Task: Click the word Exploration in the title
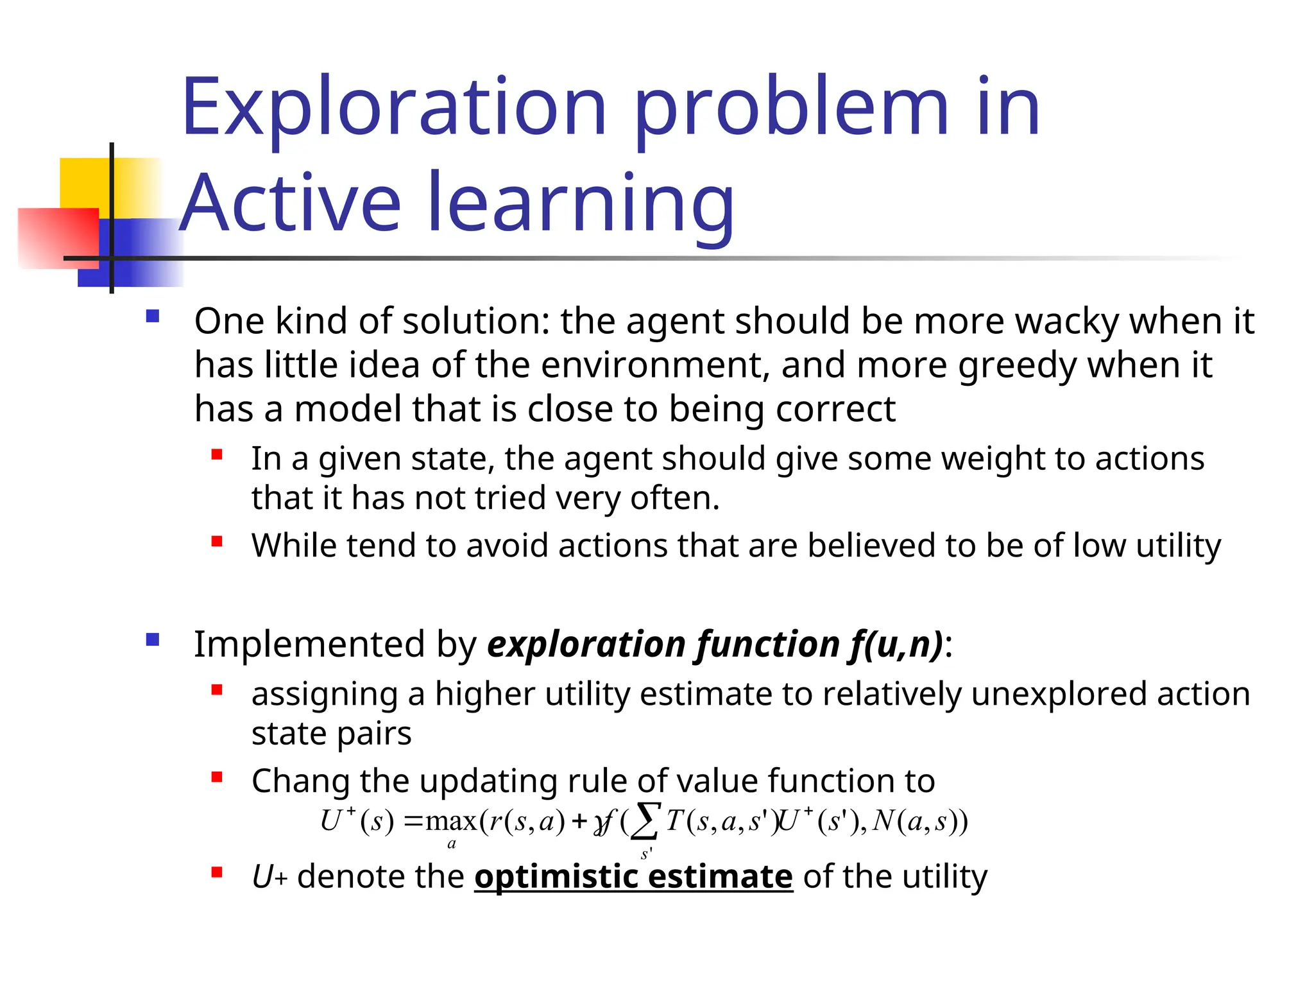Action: click(x=393, y=107)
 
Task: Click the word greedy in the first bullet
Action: click(x=1016, y=365)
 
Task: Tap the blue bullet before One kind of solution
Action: click(x=153, y=316)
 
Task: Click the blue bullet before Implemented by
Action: click(x=153, y=639)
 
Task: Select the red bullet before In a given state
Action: click(x=217, y=455)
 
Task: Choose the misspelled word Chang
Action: click(x=300, y=782)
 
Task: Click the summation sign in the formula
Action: click(x=645, y=821)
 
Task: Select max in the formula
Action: click(x=451, y=822)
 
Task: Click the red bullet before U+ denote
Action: click(x=217, y=872)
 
